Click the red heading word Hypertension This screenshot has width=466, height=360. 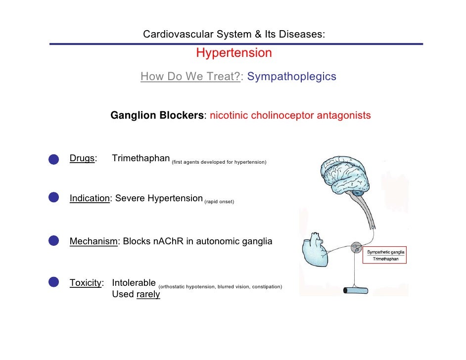point(233,53)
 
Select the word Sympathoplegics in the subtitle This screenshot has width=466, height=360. point(291,77)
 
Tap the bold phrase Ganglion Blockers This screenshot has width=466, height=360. point(157,115)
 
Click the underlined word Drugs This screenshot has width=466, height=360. point(82,158)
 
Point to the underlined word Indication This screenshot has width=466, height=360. point(90,198)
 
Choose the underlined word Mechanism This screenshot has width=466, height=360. point(93,241)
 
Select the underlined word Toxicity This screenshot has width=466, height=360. point(86,283)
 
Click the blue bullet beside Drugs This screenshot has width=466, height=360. point(54,158)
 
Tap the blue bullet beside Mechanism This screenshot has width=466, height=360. point(54,241)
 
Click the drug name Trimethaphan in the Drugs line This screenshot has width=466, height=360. point(140,158)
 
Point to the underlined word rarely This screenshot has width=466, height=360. point(147,295)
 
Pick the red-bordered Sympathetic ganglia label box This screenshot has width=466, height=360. point(385,256)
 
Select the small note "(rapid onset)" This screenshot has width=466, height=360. point(219,202)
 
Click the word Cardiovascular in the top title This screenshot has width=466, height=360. point(173,34)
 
